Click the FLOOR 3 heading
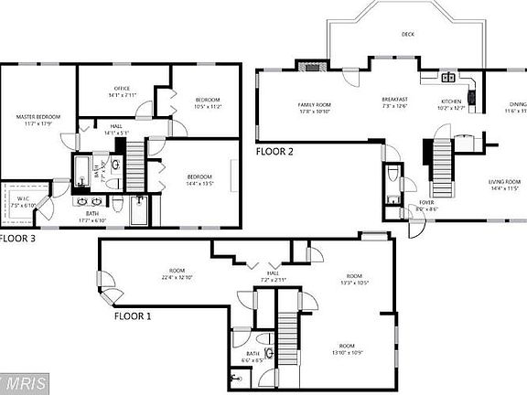16,239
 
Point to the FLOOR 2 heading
274,152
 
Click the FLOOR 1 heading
133,316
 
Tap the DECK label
407,35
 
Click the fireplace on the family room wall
313,65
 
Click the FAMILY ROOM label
313,105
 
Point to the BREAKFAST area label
394,99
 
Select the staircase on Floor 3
134,169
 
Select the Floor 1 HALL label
273,272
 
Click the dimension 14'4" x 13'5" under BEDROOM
199,183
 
